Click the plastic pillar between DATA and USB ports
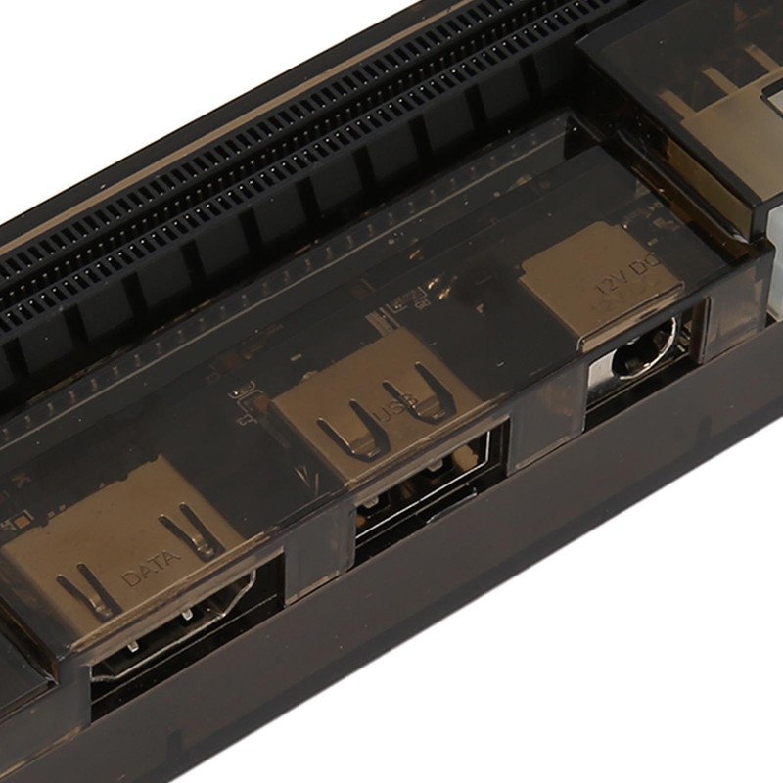point(313,558)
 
